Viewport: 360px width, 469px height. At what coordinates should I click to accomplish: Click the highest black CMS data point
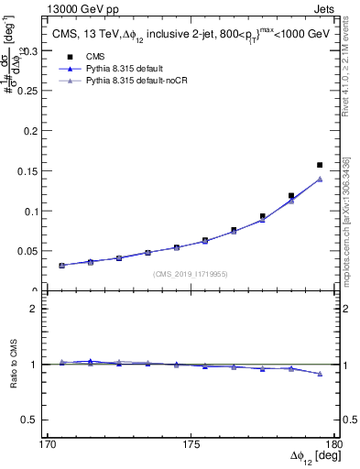(320, 165)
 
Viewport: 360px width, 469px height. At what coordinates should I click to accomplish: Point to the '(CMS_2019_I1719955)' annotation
(191, 273)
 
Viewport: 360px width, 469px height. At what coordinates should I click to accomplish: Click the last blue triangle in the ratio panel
(320, 374)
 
